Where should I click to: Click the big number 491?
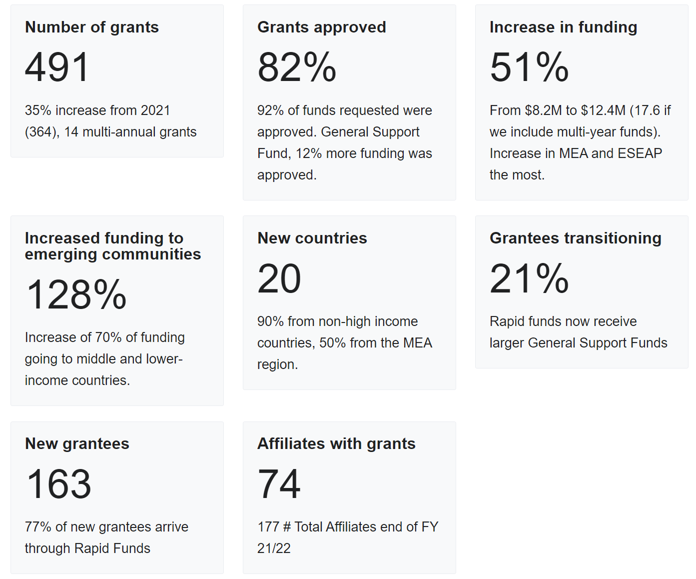pos(57,67)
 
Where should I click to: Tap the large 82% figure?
pos(297,67)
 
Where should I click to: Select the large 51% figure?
pos(529,67)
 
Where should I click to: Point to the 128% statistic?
pos(76,294)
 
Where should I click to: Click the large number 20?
pos(279,278)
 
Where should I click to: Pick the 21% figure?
pos(529,278)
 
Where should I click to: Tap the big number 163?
pos(58,484)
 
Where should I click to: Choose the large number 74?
pos(279,484)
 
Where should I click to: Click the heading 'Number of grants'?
pos(92,27)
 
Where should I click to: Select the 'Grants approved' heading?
pos(321,27)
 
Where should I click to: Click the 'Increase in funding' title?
pos(563,27)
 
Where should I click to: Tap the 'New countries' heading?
pos(312,238)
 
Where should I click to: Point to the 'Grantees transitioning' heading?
pos(575,238)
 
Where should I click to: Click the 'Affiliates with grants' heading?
pos(336,443)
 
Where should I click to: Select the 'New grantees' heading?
pos(77,443)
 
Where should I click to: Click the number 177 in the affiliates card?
pos(268,527)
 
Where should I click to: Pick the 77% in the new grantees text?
pos(38,527)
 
